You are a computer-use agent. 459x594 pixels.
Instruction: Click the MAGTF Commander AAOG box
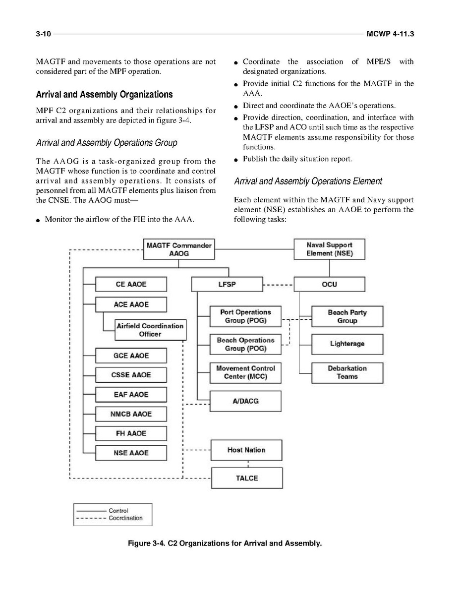click(x=179, y=249)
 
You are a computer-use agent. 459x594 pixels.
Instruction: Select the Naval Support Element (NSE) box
click(x=329, y=249)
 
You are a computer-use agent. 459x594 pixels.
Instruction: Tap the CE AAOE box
click(x=131, y=285)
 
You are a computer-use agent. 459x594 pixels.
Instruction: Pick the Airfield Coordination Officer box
click(x=150, y=330)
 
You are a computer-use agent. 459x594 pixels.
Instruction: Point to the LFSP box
click(x=227, y=285)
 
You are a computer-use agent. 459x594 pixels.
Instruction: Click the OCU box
click(x=329, y=285)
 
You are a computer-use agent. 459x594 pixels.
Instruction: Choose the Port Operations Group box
click(x=246, y=316)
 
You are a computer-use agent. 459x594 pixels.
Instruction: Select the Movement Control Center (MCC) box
click(x=245, y=372)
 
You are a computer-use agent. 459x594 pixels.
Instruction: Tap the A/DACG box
click(x=245, y=401)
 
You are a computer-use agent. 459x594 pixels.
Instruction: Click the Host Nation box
click(x=246, y=450)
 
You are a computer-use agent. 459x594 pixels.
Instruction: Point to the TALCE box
click(x=247, y=478)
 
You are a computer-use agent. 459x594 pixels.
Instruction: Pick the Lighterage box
click(x=347, y=344)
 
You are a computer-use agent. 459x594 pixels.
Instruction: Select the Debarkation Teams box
click(x=347, y=372)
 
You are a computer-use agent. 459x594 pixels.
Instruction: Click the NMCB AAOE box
click(x=131, y=414)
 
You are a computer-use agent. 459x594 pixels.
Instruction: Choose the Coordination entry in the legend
click(x=125, y=518)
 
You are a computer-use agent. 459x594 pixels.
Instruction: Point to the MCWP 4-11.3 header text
click(x=390, y=34)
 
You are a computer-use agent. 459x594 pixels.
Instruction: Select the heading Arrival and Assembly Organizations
click(x=105, y=94)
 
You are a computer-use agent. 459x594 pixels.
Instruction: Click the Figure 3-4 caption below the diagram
click(x=225, y=543)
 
